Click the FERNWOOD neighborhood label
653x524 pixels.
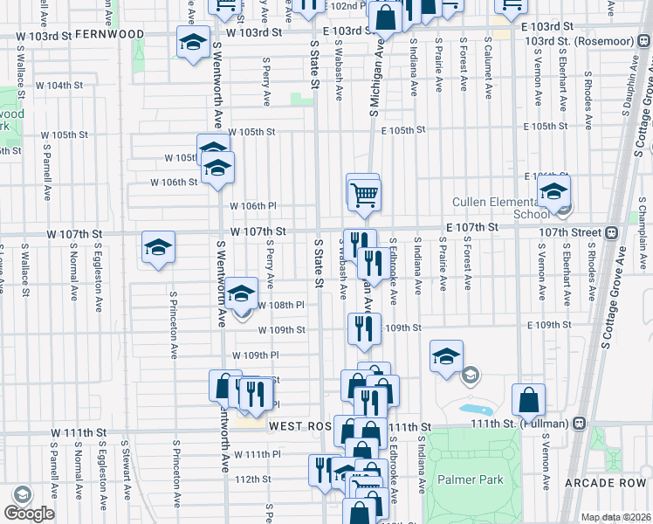(x=110, y=33)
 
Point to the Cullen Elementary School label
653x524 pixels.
(x=494, y=208)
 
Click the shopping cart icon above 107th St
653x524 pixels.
(x=365, y=194)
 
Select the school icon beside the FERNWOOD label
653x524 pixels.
(x=192, y=42)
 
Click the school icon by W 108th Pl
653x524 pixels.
(x=242, y=293)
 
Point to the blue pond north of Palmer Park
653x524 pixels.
(x=474, y=409)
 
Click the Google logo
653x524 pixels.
(x=28, y=514)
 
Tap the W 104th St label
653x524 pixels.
(x=60, y=86)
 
